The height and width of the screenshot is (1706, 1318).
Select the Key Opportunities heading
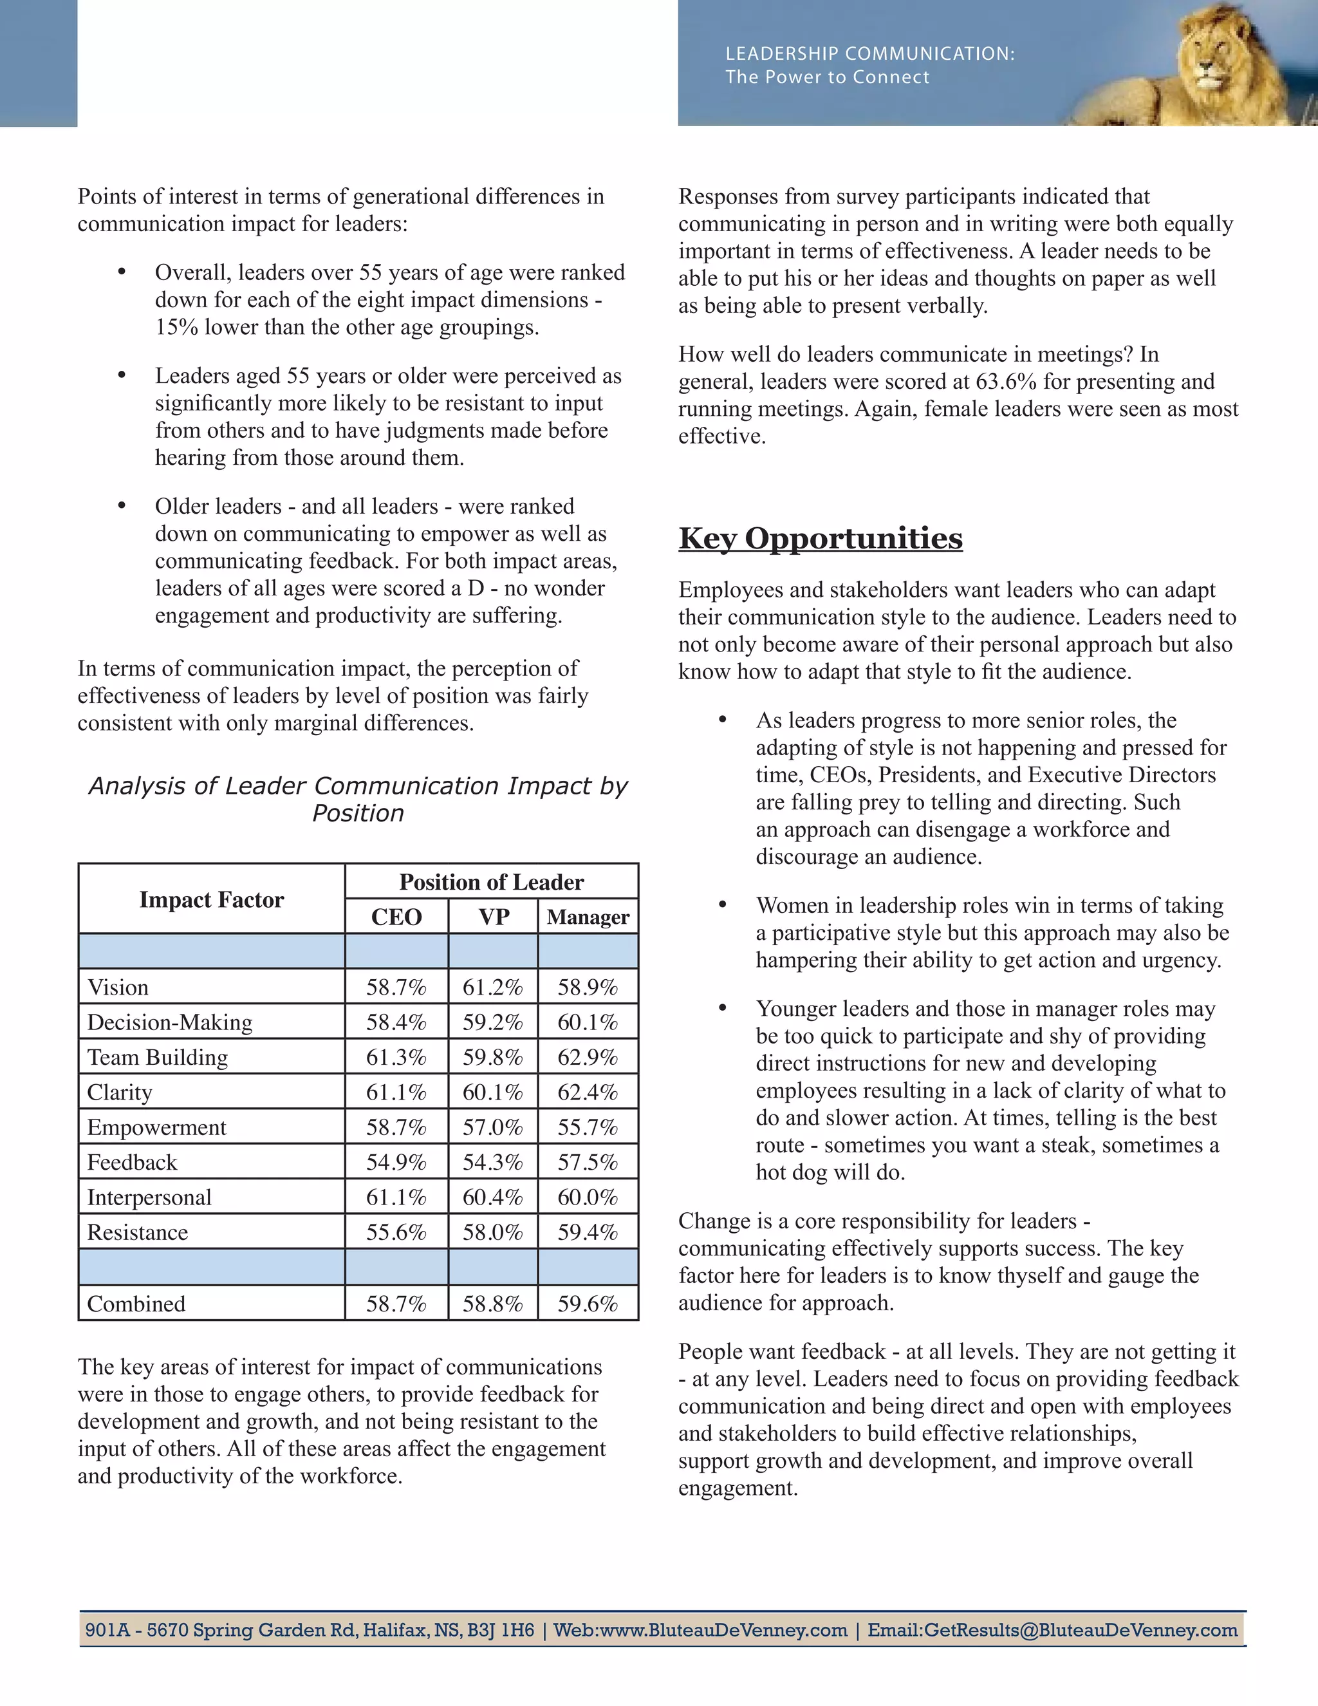[820, 538]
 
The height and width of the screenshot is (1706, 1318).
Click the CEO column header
[396, 916]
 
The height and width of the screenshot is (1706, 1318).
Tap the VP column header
[493, 916]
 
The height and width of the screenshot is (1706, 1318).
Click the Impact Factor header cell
[212, 899]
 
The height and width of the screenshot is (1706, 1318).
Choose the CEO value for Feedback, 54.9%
[396, 1162]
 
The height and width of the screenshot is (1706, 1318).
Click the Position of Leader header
[491, 882]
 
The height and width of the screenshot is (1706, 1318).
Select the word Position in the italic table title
[358, 813]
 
